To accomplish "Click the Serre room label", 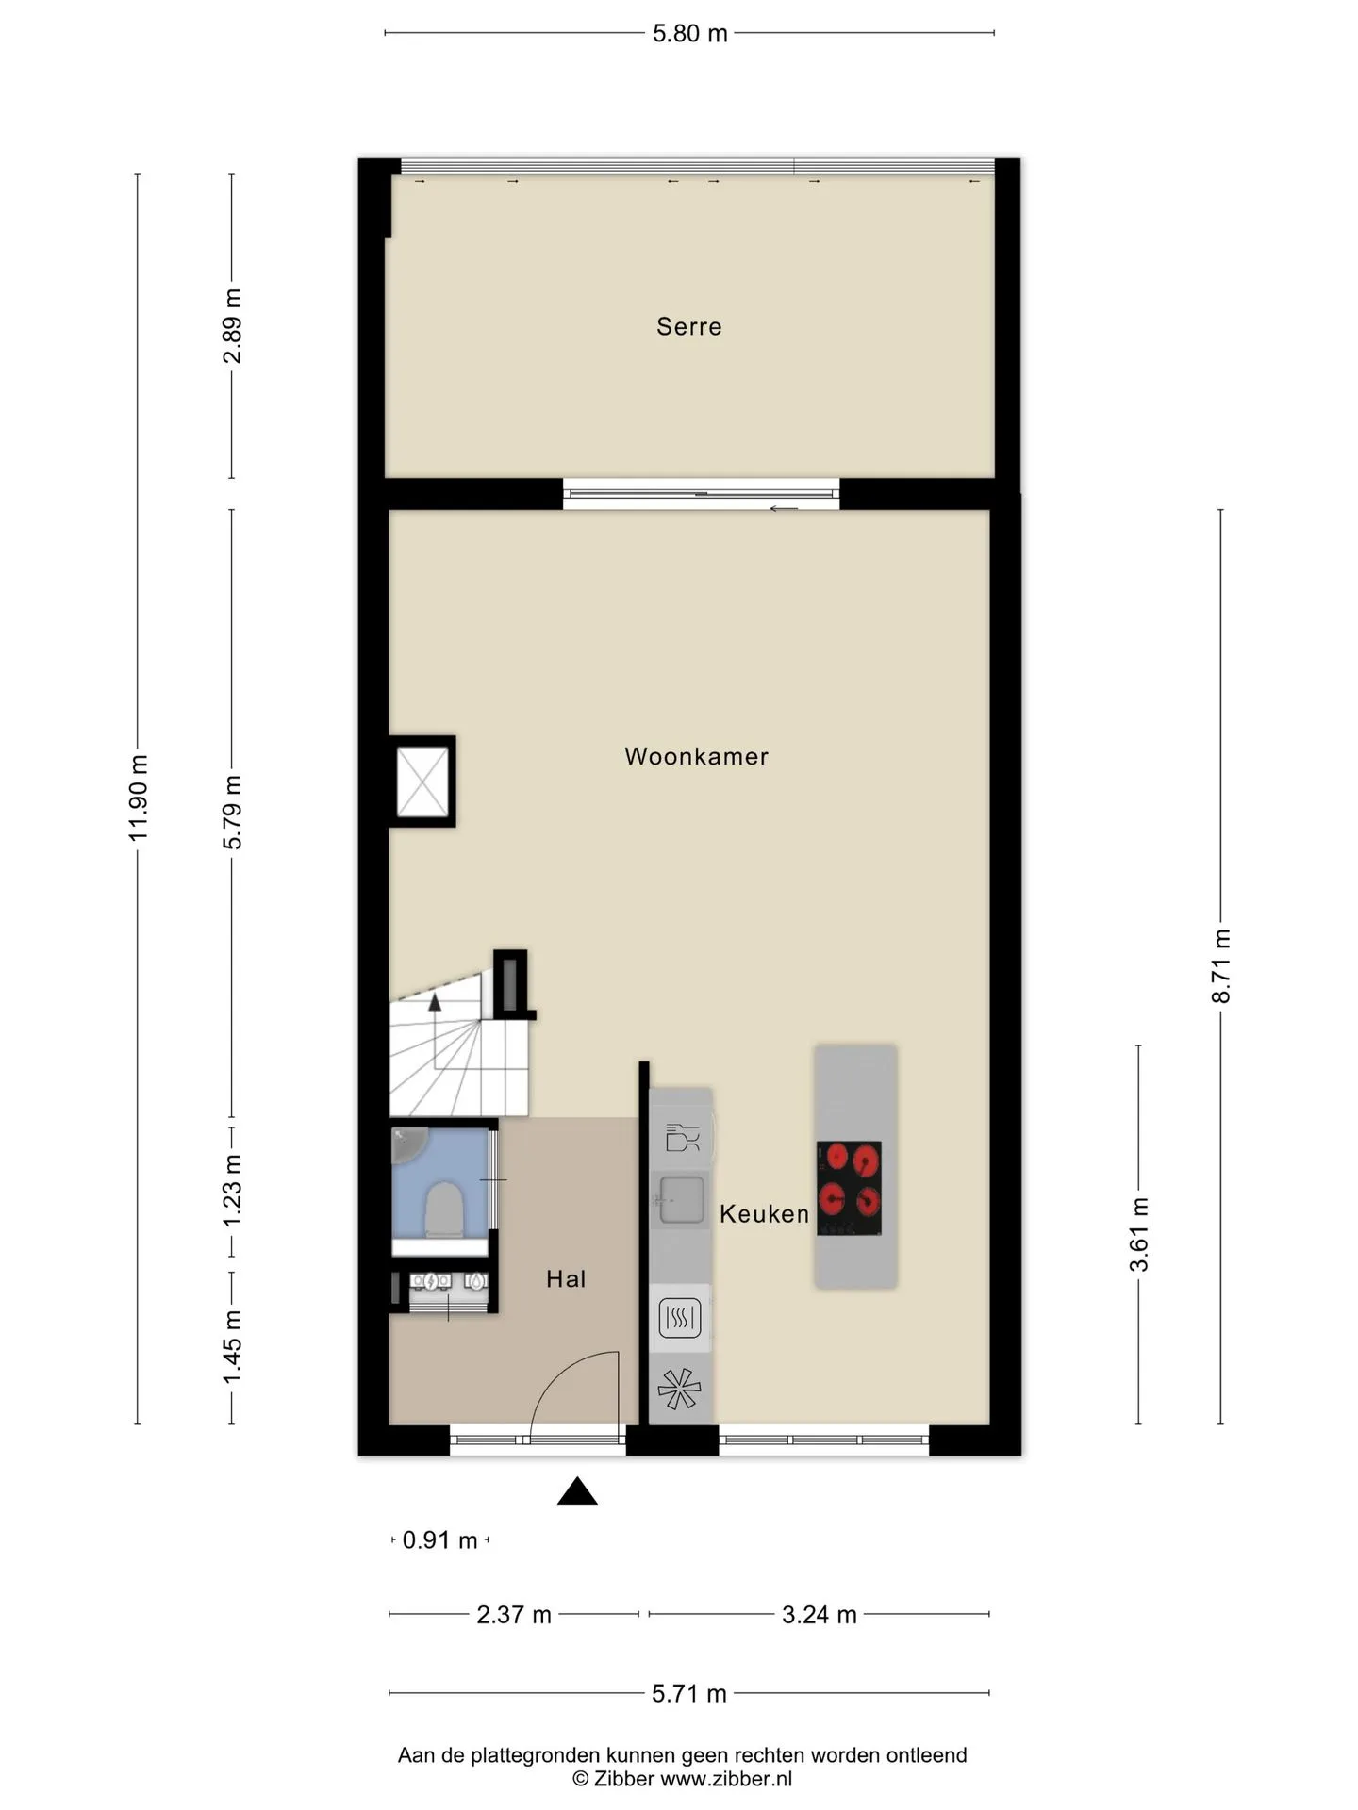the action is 688,326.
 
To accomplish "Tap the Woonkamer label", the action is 696,756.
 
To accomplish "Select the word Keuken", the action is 764,1214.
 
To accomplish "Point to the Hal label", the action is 566,1279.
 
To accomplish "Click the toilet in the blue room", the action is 443,1211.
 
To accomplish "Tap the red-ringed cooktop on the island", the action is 849,1188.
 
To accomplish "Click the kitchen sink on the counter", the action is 681,1200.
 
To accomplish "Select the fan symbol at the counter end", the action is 680,1389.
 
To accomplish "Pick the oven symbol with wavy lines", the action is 680,1318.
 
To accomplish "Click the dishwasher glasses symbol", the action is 682,1138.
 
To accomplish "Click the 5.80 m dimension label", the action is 690,34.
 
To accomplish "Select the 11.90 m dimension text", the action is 139,798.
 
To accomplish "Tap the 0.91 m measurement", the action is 439,1540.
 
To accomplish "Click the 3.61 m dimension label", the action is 1139,1235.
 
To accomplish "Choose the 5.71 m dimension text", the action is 689,1694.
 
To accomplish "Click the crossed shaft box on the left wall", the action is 422,782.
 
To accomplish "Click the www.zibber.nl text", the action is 726,1779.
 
